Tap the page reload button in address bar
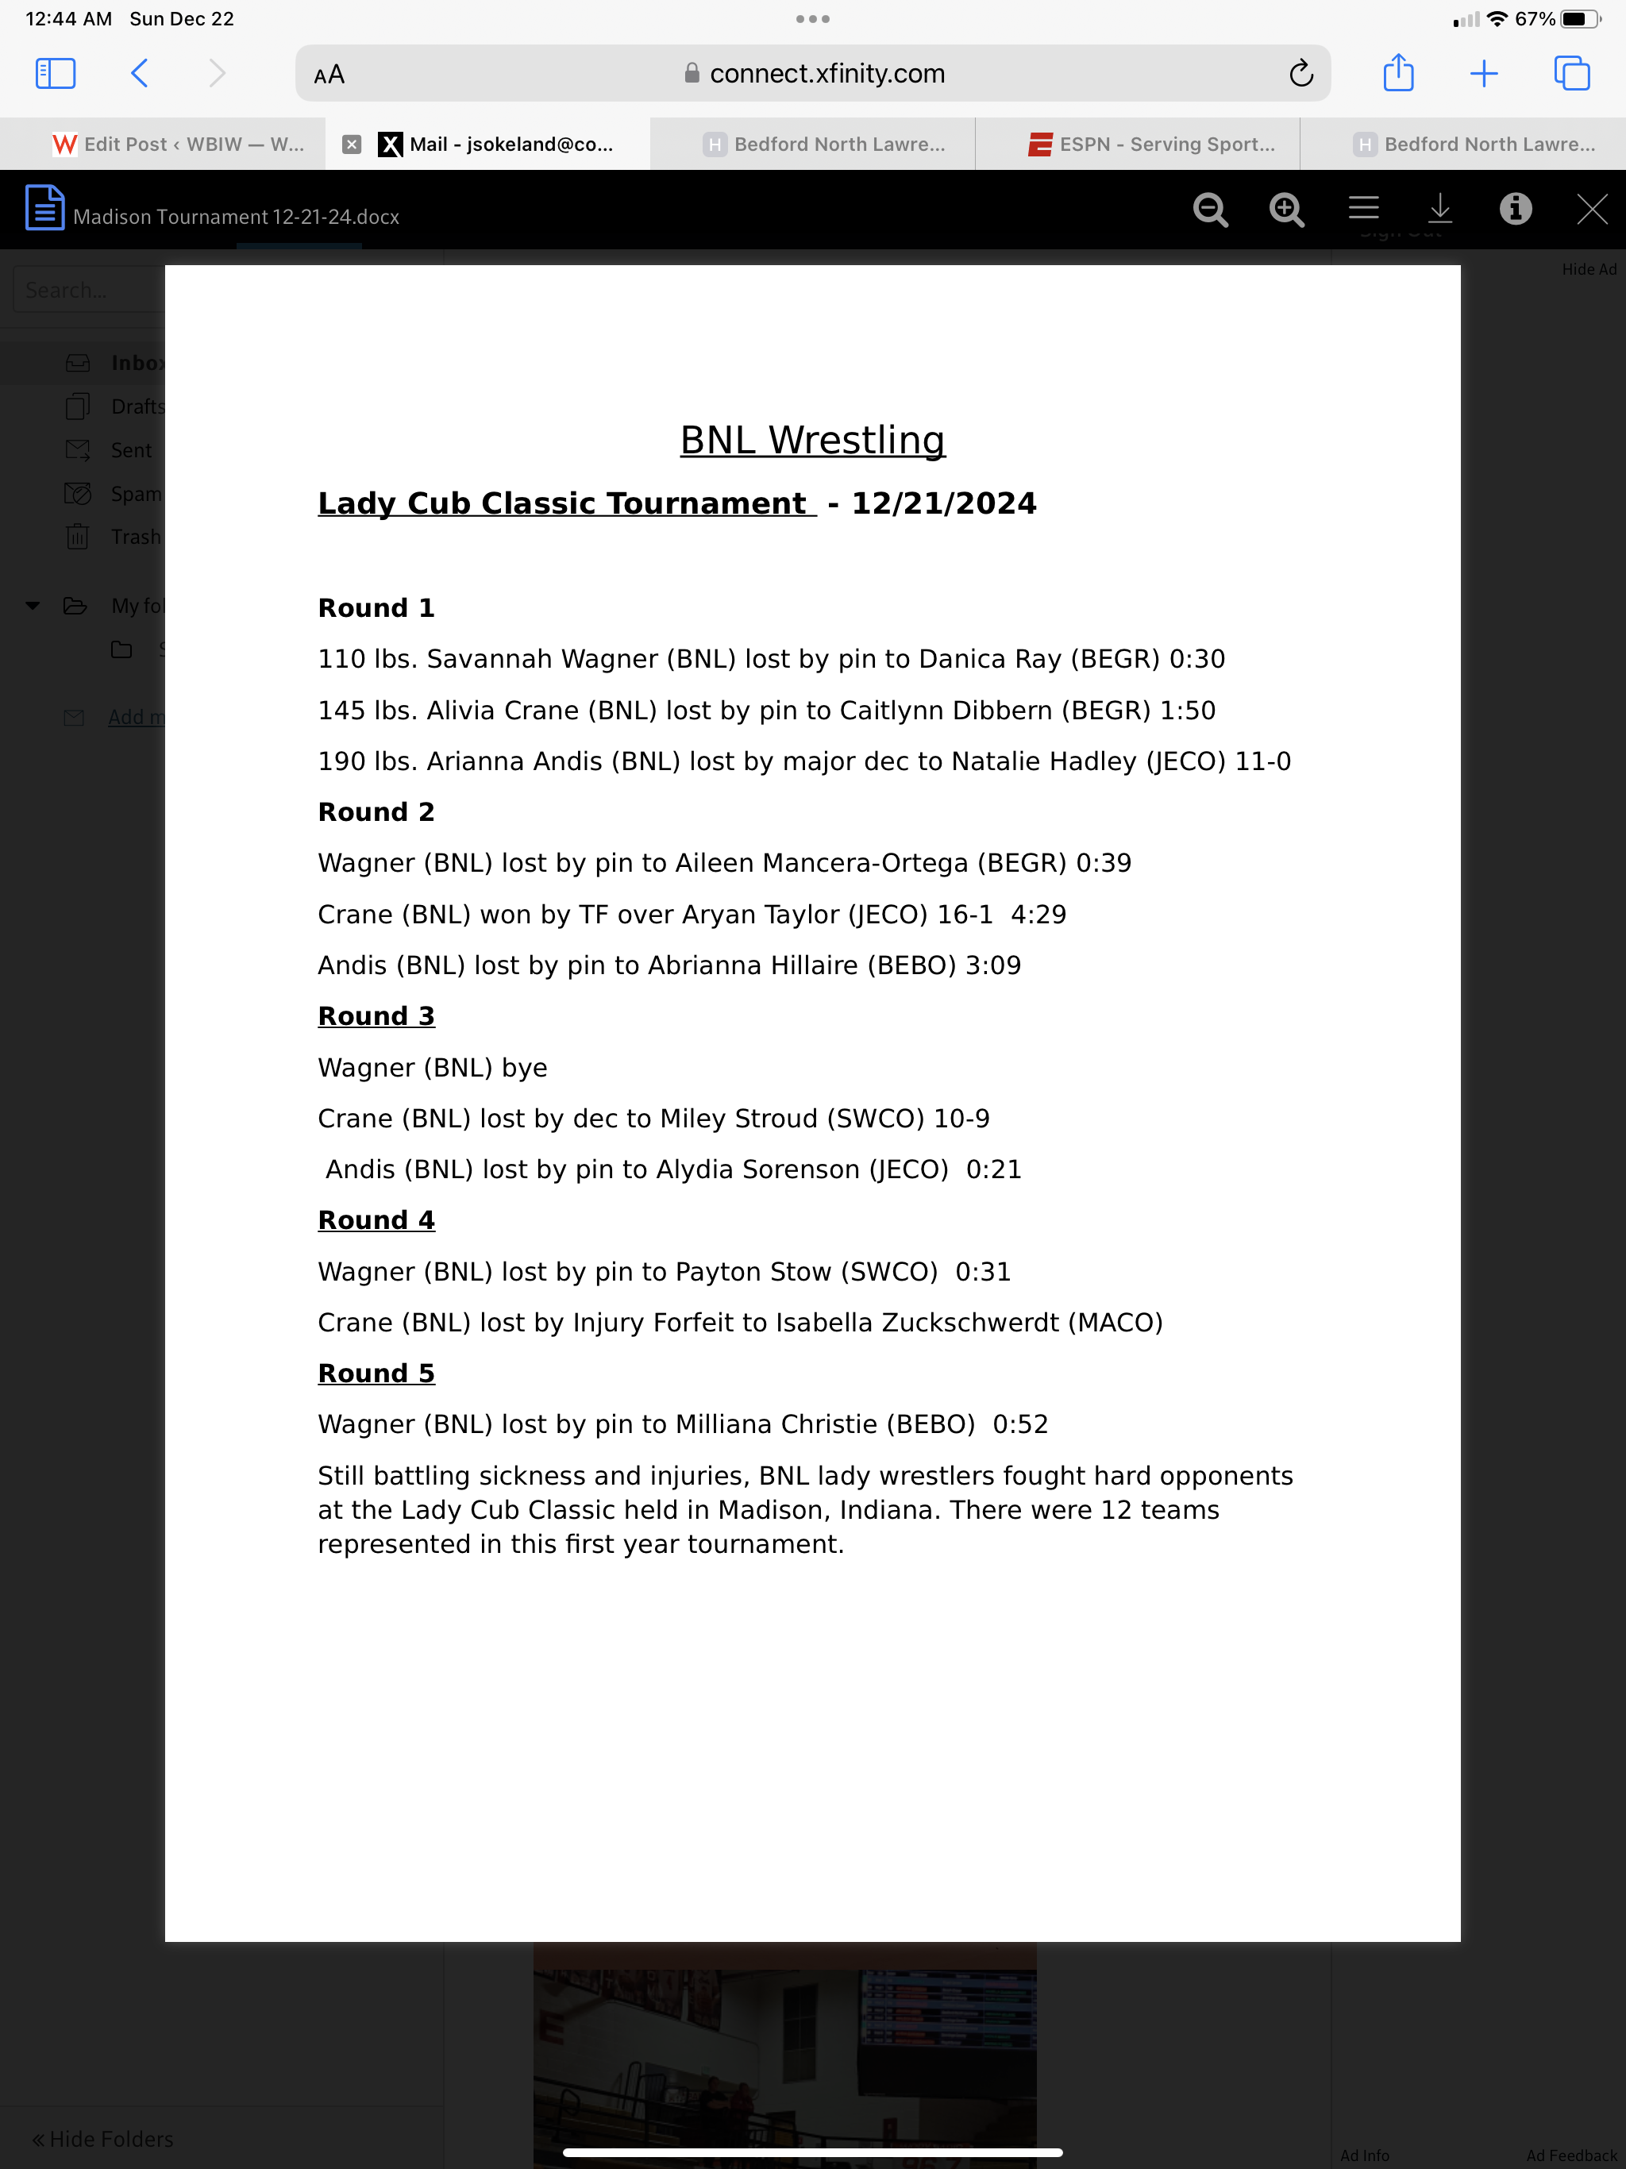tap(1300, 74)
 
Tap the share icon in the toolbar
tap(1397, 74)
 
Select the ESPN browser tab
tap(1151, 144)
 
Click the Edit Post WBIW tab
tap(179, 144)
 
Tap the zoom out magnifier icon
tap(1210, 210)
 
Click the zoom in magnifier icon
tap(1285, 210)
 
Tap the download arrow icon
tap(1439, 208)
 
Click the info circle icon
tap(1515, 209)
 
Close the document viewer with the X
tap(1592, 209)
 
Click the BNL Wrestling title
tap(812, 441)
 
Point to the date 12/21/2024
tap(943, 504)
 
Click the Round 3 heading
tap(376, 1017)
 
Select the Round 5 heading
tap(376, 1373)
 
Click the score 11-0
tap(1262, 762)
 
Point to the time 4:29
tap(1038, 915)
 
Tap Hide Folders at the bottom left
tap(103, 2139)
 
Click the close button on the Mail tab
tap(351, 144)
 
